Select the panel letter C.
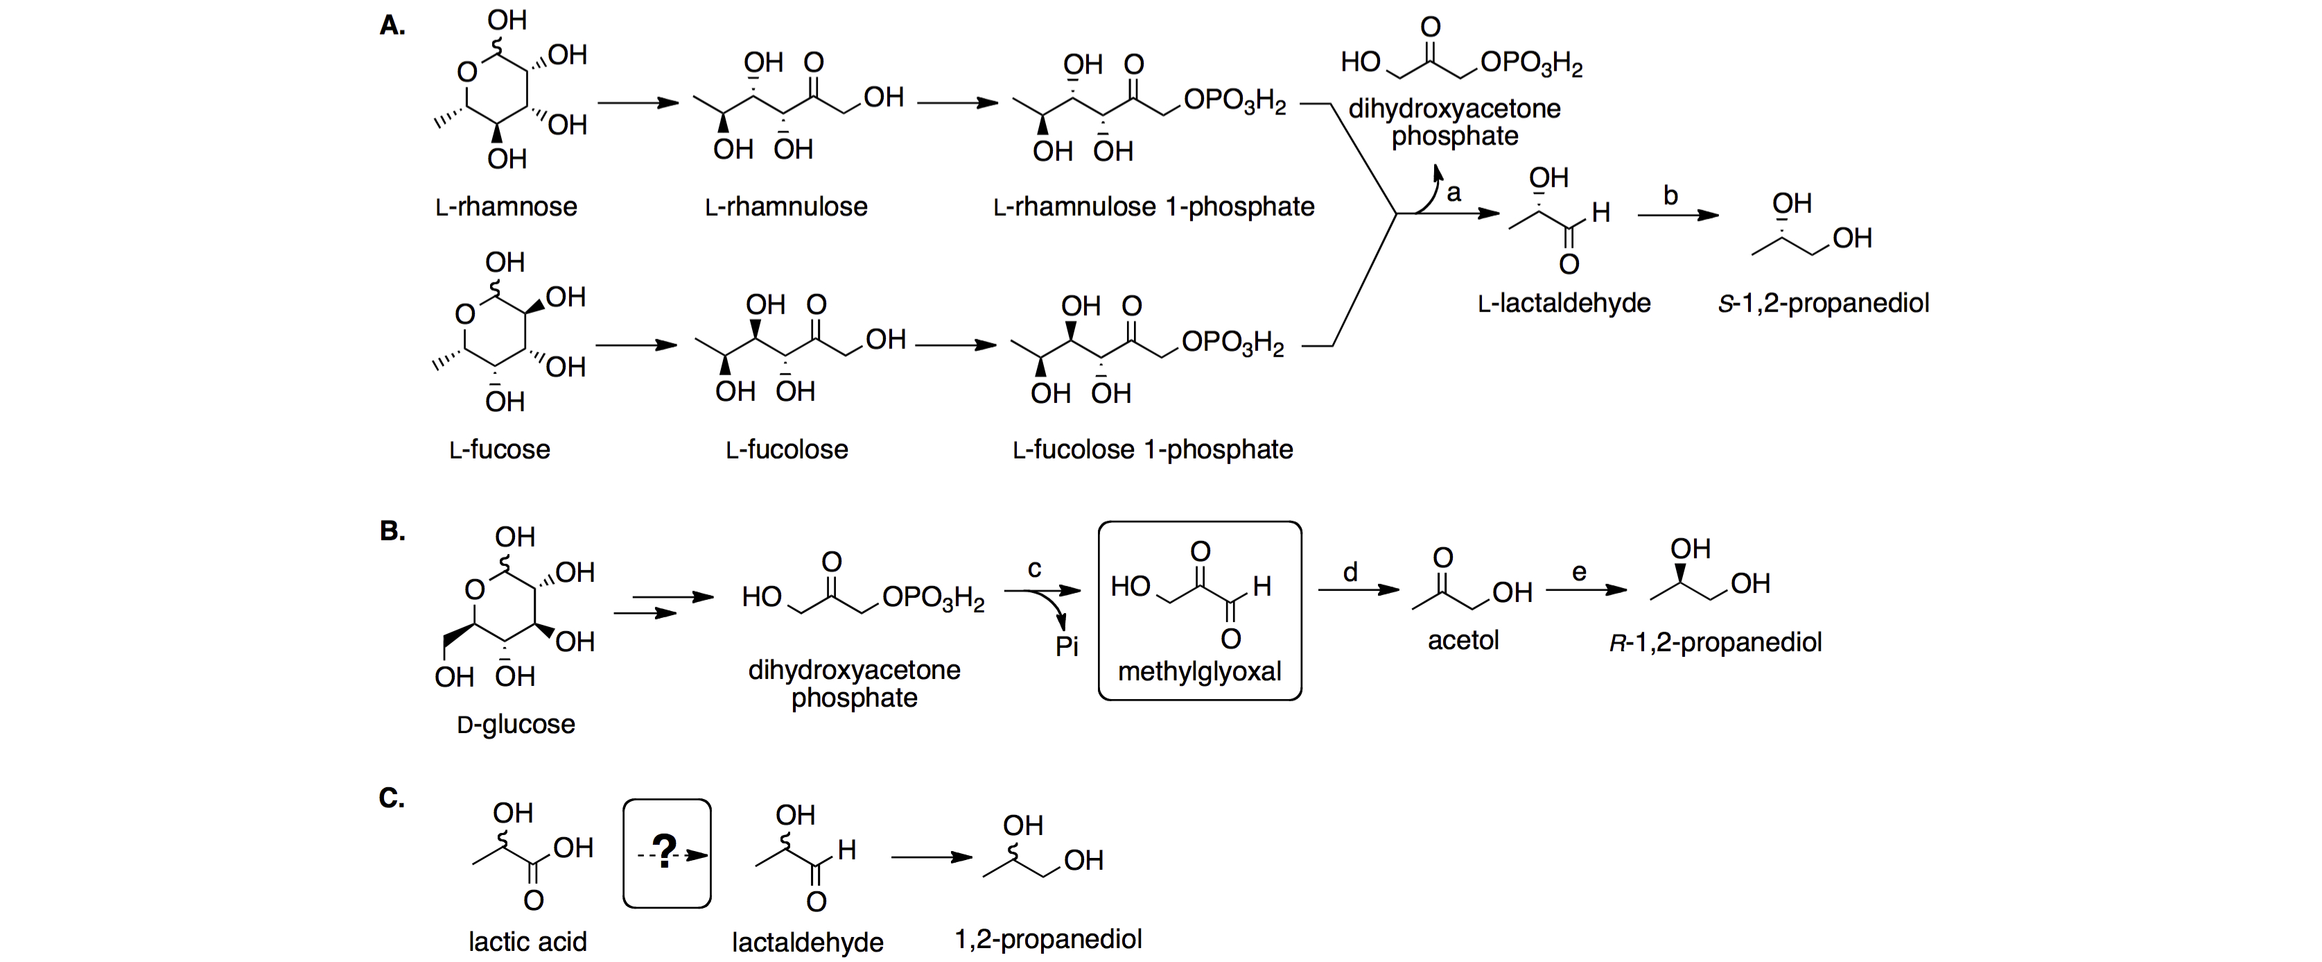tap(391, 798)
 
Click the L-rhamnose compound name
tap(506, 207)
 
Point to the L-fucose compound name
tap(499, 449)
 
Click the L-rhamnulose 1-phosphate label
tap(1154, 207)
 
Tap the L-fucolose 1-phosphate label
tap(1152, 449)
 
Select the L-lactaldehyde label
tap(1564, 303)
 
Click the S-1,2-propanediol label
tap(1823, 303)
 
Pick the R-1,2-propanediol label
tap(1716, 642)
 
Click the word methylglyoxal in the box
tap(1199, 671)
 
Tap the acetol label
tap(1463, 640)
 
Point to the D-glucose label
tap(516, 724)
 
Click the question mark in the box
tap(665, 851)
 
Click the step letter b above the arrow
tap(1670, 196)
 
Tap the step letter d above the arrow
tap(1350, 572)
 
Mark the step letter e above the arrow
tap(1578, 572)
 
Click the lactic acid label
tap(527, 941)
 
